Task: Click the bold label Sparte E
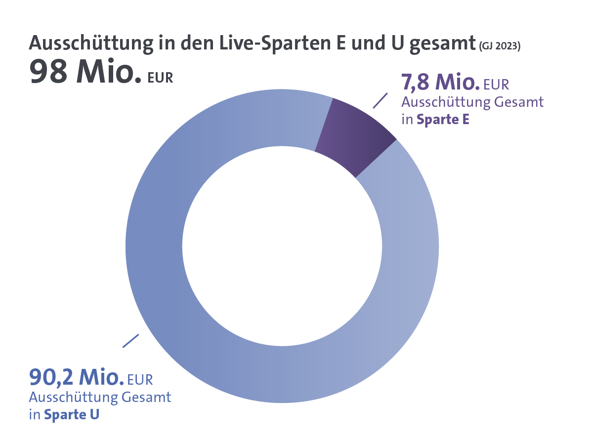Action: [443, 120]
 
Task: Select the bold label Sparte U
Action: [72, 414]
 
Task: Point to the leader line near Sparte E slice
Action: [380, 100]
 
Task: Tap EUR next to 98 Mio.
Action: [161, 78]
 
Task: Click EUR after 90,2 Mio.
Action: [140, 380]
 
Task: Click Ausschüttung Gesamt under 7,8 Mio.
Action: [472, 102]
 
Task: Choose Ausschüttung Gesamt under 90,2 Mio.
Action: [100, 397]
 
